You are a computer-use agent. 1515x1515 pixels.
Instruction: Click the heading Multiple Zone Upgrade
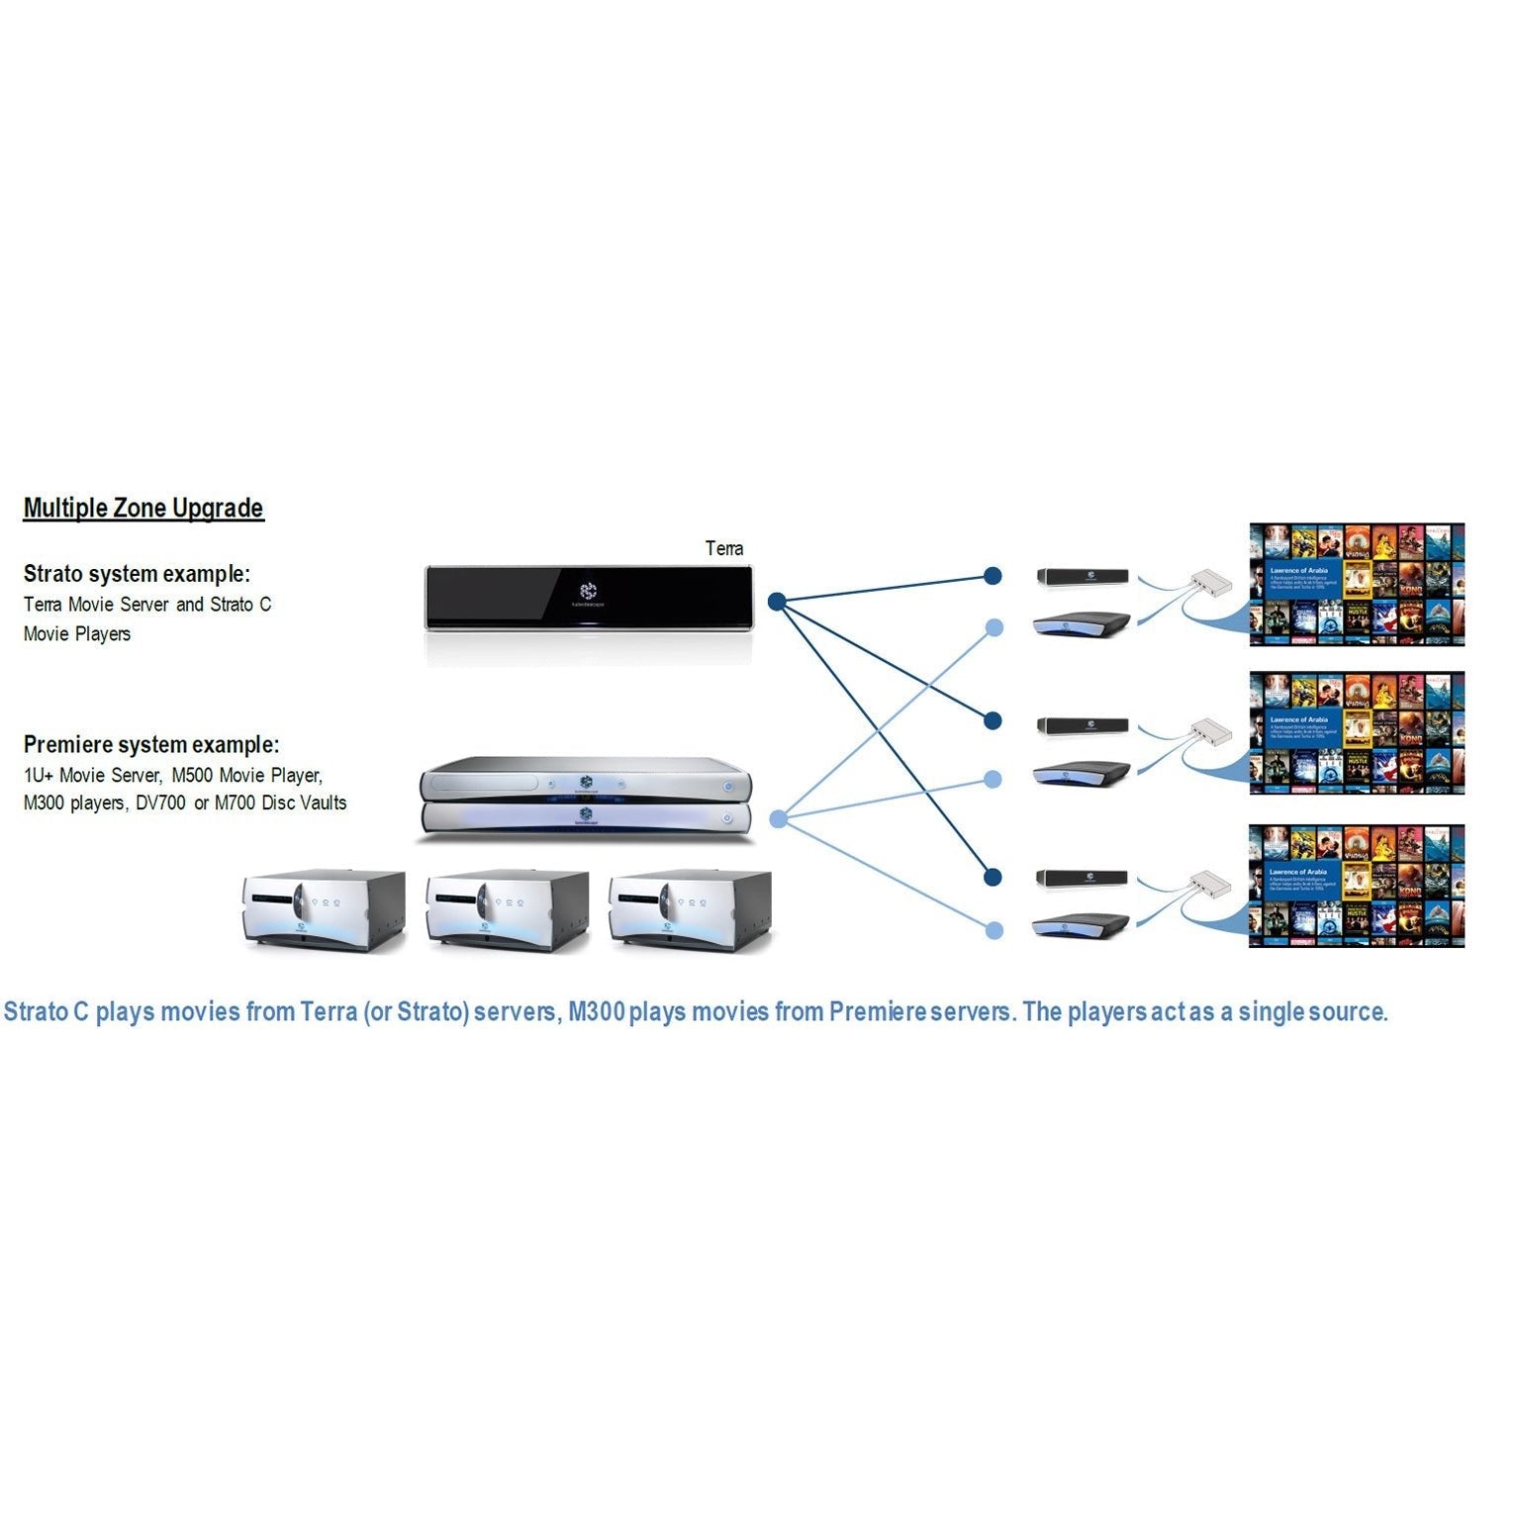[143, 508]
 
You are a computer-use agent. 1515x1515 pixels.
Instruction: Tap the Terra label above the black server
[723, 548]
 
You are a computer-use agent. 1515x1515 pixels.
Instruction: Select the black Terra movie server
[589, 597]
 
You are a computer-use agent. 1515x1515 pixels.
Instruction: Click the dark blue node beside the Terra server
[777, 601]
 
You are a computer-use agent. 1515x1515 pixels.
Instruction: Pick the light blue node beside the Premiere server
[778, 818]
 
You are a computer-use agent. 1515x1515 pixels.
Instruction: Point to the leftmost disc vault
[324, 909]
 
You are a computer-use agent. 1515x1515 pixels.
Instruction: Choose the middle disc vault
[507, 909]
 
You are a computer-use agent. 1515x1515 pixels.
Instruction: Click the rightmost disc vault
[690, 909]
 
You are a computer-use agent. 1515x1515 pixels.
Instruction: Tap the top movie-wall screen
[1356, 585]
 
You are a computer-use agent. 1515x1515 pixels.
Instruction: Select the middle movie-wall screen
[1356, 733]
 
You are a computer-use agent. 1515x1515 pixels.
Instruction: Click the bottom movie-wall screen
[1356, 886]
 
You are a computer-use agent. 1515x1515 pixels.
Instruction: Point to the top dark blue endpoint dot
[993, 576]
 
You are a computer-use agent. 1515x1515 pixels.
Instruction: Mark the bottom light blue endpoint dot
[994, 930]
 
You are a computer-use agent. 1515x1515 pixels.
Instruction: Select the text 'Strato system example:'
[137, 574]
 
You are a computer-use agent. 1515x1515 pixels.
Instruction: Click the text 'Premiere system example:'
[151, 744]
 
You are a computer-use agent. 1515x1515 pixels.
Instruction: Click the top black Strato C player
[1082, 576]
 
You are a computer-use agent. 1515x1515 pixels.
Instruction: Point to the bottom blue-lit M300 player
[1081, 926]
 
